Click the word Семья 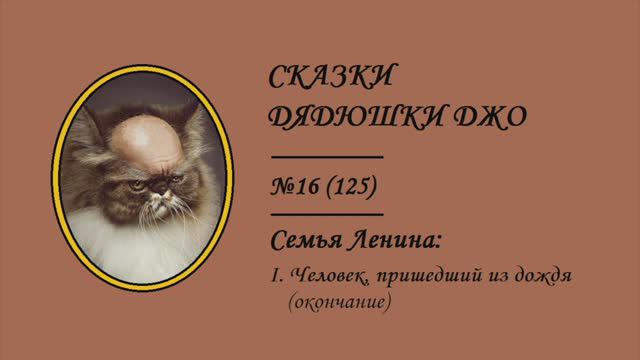pyautogui.click(x=306, y=241)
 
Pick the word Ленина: pyautogui.click(x=393, y=241)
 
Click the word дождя pyautogui.click(x=539, y=274)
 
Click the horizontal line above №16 pyautogui.click(x=327, y=158)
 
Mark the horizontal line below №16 pyautogui.click(x=327, y=213)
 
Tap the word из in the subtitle pyautogui.click(x=489, y=274)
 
